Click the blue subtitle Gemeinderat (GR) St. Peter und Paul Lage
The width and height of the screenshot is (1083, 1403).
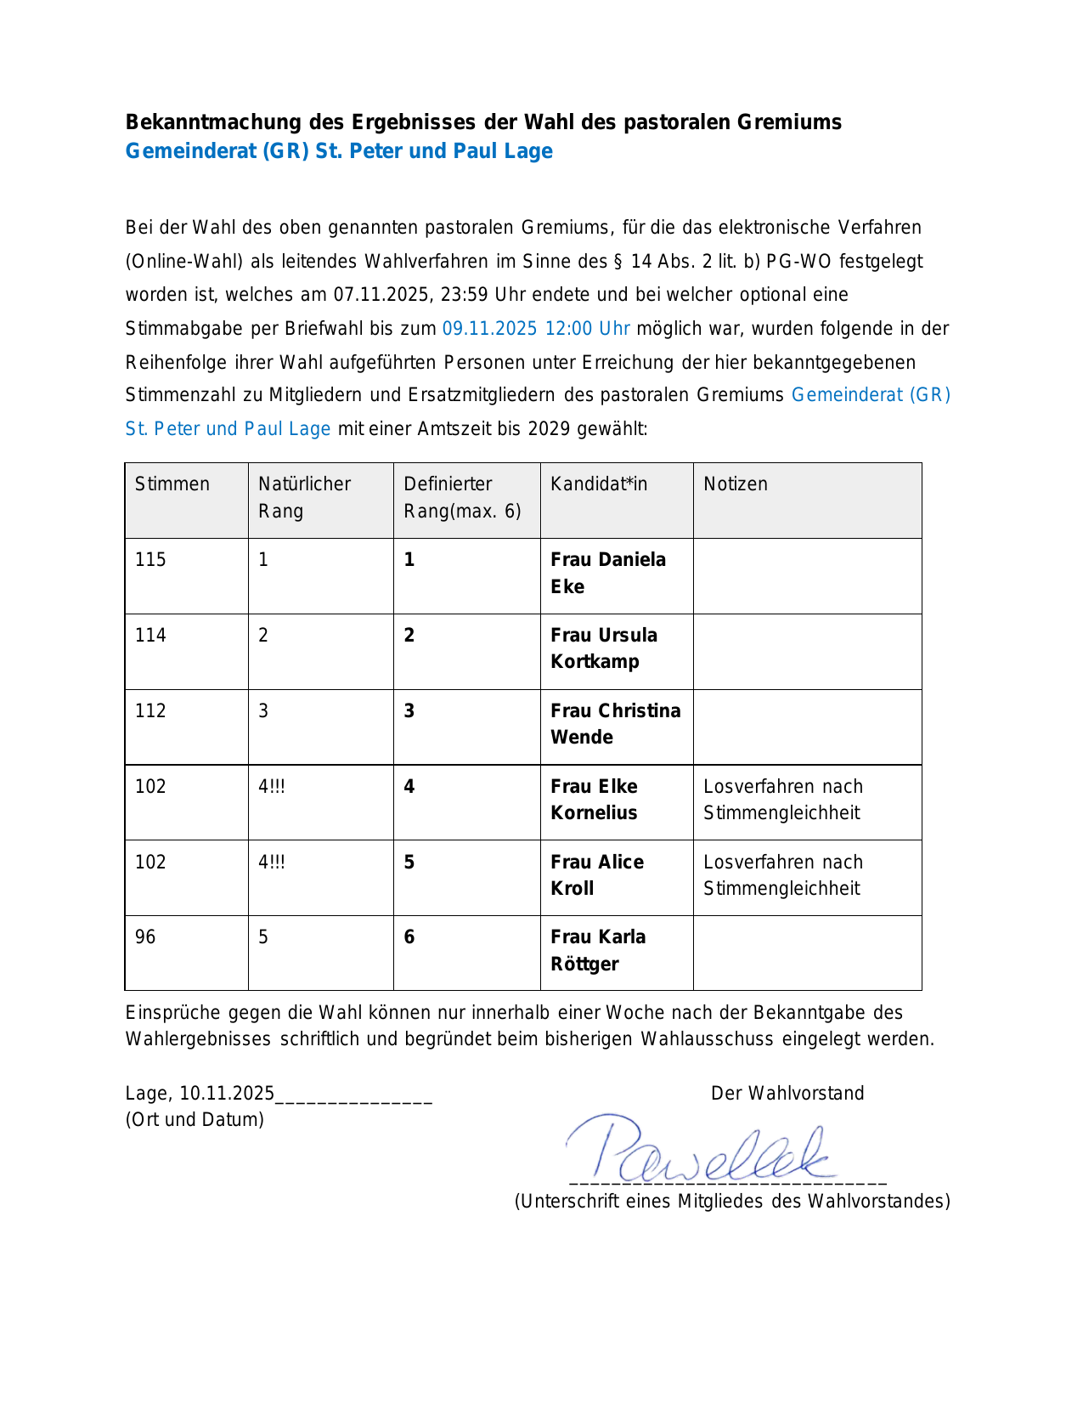[339, 151]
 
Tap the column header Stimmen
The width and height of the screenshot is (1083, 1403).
[172, 484]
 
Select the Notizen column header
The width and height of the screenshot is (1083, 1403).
[736, 484]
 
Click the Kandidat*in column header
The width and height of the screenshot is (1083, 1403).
[599, 484]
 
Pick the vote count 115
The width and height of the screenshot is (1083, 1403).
[150, 560]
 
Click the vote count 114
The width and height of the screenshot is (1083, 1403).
[150, 636]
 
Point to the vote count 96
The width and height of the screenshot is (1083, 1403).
[145, 937]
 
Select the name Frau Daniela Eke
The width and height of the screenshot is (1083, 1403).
[607, 573]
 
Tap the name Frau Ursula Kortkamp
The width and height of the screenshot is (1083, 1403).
[603, 648]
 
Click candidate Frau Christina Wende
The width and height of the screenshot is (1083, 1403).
[615, 724]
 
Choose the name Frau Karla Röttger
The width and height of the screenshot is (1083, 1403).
[598, 950]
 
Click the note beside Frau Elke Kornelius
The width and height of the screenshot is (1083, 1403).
[782, 800]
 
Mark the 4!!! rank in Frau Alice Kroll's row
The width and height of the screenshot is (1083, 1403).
[272, 863]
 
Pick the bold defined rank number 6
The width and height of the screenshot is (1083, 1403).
[409, 937]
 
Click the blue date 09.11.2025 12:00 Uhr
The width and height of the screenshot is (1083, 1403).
[536, 329]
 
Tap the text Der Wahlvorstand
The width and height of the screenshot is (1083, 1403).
[787, 1094]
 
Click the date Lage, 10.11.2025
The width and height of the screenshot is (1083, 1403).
[200, 1094]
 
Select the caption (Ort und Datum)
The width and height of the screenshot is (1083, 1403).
[195, 1120]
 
